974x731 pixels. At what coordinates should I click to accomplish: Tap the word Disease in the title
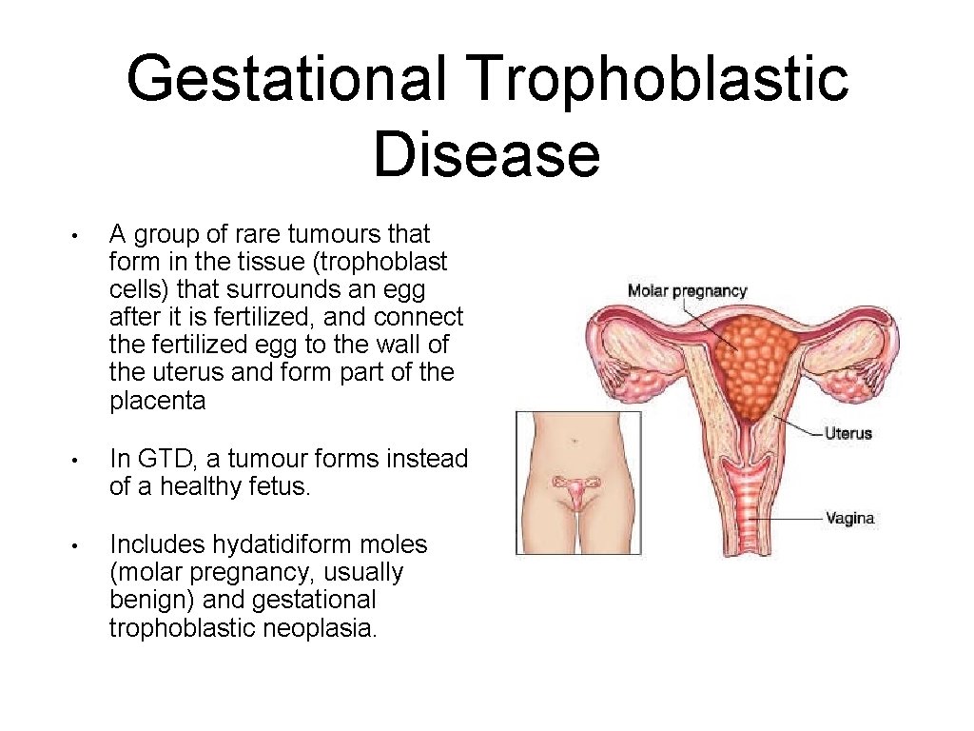coord(486,155)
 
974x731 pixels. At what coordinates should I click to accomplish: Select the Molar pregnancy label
coord(687,291)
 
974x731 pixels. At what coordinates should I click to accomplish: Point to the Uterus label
coord(848,433)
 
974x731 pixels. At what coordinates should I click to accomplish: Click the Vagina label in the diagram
coord(849,519)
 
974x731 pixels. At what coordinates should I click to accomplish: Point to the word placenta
coord(158,401)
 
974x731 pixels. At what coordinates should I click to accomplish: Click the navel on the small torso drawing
coord(577,443)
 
